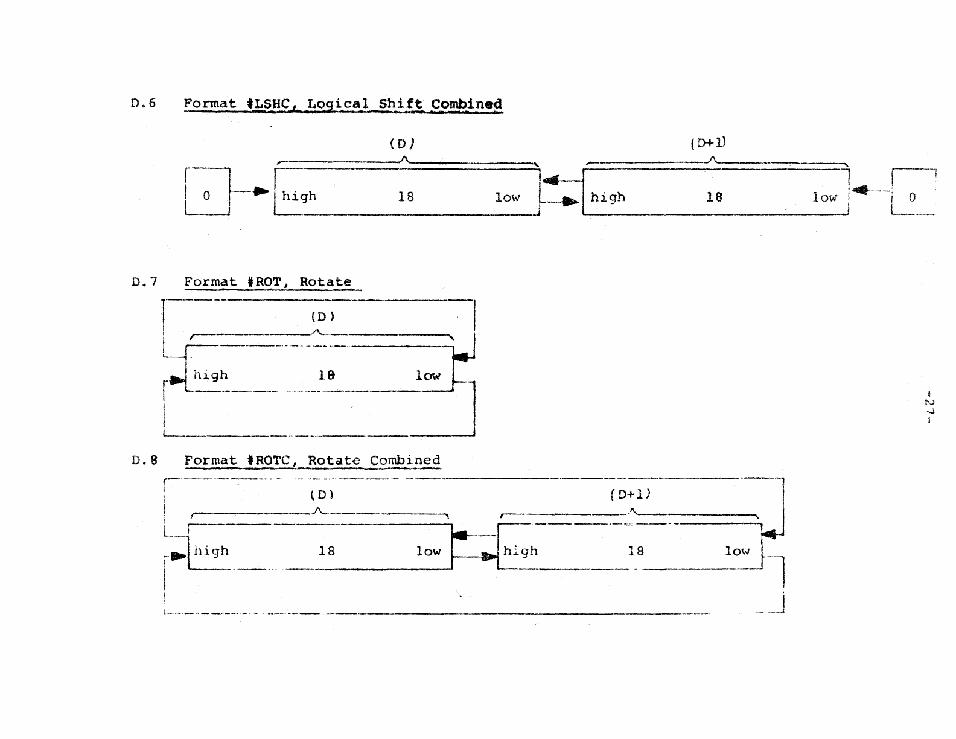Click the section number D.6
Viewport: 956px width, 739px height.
click(143, 103)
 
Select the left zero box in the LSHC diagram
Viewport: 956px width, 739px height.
click(207, 192)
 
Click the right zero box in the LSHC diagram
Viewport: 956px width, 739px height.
click(913, 193)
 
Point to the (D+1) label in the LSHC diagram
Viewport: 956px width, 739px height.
click(708, 143)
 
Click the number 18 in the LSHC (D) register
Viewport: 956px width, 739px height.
click(406, 196)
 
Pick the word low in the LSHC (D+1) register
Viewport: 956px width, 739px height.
click(824, 197)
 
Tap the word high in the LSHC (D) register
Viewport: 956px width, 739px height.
click(299, 196)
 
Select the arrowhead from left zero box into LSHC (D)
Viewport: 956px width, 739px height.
click(261, 191)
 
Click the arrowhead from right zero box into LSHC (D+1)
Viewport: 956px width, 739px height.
click(859, 191)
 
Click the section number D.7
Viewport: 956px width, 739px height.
click(144, 281)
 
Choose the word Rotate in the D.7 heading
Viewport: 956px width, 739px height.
click(325, 282)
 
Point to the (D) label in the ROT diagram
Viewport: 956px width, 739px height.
click(322, 316)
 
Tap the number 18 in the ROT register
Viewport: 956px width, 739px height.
click(326, 375)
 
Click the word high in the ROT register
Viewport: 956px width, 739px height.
click(210, 375)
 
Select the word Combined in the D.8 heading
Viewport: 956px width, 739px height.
click(405, 460)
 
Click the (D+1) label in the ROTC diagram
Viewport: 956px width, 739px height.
click(631, 494)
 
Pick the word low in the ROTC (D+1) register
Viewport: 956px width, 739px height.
click(737, 551)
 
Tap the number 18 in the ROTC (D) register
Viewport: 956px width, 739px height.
click(326, 551)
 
